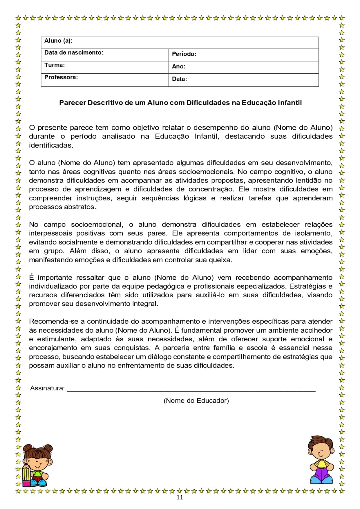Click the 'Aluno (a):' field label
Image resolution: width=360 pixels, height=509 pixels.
pyautogui.click(x=58, y=41)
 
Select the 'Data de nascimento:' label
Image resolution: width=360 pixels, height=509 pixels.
pyautogui.click(x=74, y=53)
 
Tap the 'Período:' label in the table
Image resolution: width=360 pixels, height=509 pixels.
pyautogui.click(x=184, y=54)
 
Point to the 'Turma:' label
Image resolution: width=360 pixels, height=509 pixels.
pyautogui.click(x=55, y=65)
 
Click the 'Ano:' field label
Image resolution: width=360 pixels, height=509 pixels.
pyautogui.click(x=179, y=66)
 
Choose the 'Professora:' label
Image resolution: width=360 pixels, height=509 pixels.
pyautogui.click(x=61, y=77)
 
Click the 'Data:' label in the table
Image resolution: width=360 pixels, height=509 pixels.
pyautogui.click(x=179, y=79)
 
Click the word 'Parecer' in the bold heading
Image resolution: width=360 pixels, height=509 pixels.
pyautogui.click(x=72, y=103)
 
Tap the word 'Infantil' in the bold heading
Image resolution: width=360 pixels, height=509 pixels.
pyautogui.click(x=290, y=103)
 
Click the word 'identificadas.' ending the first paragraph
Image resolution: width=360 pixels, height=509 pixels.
pyautogui.click(x=51, y=145)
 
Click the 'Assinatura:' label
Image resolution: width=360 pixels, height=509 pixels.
pyautogui.click(x=48, y=388)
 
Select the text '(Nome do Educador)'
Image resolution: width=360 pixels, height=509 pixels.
pyautogui.click(x=196, y=401)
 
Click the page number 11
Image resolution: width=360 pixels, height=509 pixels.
pyautogui.click(x=180, y=497)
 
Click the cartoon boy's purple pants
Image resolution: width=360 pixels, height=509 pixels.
pyautogui.click(x=322, y=475)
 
